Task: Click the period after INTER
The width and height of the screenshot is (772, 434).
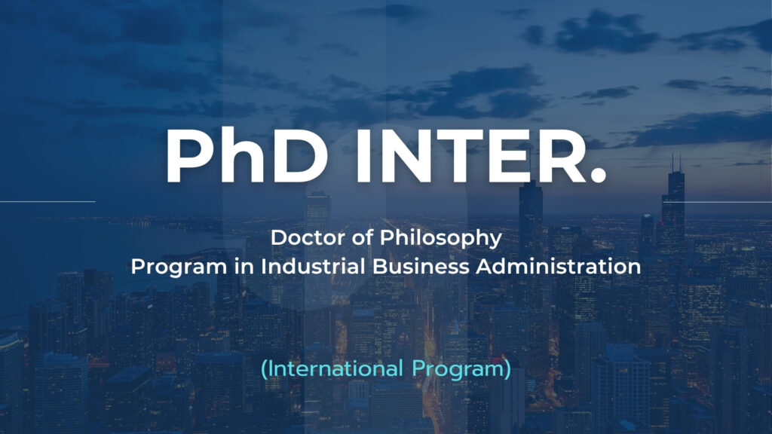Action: click(x=597, y=175)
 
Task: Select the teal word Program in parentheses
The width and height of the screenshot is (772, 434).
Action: click(x=458, y=370)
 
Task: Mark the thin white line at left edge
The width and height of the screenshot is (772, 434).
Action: click(x=47, y=201)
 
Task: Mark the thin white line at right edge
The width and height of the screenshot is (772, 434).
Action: click(x=718, y=202)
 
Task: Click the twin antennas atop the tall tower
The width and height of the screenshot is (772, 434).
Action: click(x=676, y=163)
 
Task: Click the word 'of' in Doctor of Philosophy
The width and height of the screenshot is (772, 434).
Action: click(x=363, y=238)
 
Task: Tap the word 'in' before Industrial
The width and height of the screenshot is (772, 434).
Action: click(x=244, y=267)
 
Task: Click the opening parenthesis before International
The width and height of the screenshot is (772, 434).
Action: click(x=264, y=369)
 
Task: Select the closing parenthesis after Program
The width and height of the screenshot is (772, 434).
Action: click(x=507, y=369)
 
